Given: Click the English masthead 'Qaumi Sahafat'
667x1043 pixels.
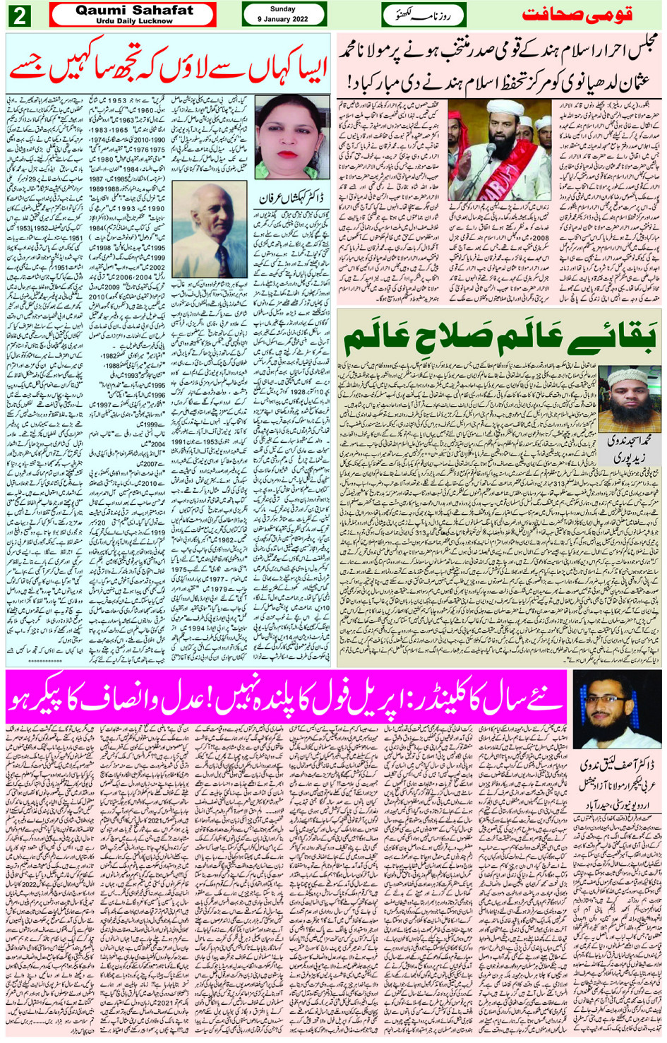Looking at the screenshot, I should point(134,10).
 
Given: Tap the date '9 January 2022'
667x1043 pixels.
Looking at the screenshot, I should point(283,19).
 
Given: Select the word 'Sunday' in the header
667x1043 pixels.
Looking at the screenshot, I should point(283,9).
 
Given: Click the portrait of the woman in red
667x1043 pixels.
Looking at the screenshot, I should point(292,136).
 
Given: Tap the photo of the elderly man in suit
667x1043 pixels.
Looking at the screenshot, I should point(208,230).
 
